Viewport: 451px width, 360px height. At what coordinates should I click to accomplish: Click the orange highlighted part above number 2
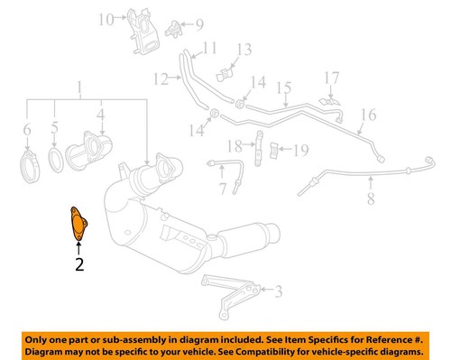click(x=77, y=223)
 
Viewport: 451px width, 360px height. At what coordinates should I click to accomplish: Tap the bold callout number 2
click(x=78, y=264)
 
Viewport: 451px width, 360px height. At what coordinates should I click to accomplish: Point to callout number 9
click(x=199, y=24)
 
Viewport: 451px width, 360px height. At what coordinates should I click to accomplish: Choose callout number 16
click(x=368, y=115)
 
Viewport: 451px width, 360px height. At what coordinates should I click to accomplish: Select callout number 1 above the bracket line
click(x=79, y=88)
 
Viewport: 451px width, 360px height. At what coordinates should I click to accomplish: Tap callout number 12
click(x=159, y=79)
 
